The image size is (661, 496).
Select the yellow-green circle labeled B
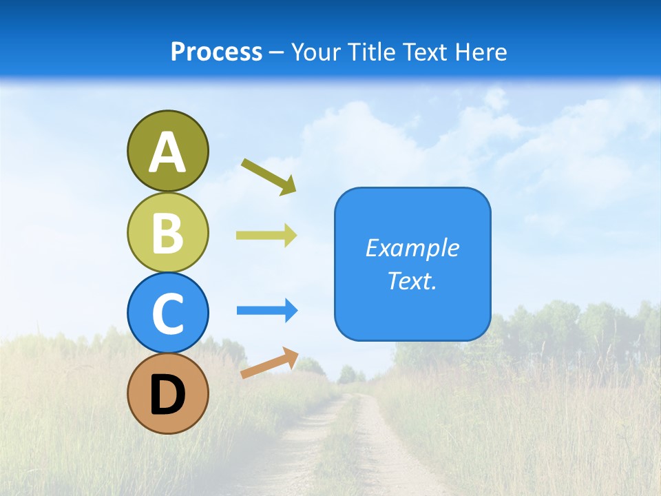pos(167,232)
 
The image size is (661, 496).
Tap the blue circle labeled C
pos(167,313)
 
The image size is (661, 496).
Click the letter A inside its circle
pos(167,152)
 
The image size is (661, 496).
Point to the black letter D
pos(167,396)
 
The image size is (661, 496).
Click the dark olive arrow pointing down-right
pos(269,176)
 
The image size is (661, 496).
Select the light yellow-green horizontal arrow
pos(266,235)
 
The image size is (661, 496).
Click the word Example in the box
pos(412,248)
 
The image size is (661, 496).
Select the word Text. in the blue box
pos(412,281)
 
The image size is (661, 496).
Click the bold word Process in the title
pos(216,52)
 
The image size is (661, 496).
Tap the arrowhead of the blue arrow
pos(291,311)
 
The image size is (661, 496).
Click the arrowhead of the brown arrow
pos(291,356)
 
